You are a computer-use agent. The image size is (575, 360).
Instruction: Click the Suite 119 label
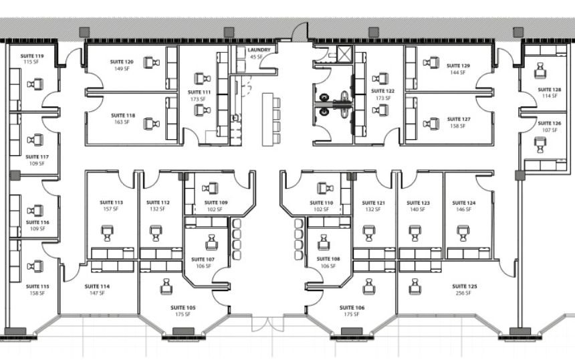coord(32,56)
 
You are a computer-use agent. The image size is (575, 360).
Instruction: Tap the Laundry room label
coord(259,50)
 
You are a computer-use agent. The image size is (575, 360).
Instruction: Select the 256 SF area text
coord(463,293)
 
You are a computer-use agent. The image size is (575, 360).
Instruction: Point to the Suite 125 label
coord(464,286)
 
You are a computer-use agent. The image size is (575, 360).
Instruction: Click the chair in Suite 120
coord(152,62)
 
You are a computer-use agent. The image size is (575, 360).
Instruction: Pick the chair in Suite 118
coord(152,124)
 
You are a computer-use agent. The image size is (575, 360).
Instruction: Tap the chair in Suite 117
coord(35,140)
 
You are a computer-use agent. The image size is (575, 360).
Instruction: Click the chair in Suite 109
coord(210,188)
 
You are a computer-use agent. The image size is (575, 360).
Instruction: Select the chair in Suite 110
coord(325,188)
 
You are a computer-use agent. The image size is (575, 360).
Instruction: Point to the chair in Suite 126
coord(540,145)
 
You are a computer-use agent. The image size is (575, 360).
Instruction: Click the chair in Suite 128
coord(540,70)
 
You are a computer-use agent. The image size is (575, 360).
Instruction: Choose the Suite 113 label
coord(112,203)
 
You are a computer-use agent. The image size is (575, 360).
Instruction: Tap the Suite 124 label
coord(464,203)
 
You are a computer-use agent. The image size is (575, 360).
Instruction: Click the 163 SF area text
coord(122,122)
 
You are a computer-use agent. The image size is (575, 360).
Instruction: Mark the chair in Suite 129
coord(431,62)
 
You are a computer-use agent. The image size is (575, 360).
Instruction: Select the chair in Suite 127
coord(431,124)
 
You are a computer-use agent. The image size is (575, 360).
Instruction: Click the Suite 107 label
coord(203,260)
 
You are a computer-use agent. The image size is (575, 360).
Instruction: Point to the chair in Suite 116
coord(35,211)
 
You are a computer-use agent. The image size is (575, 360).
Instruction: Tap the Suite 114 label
coord(97,286)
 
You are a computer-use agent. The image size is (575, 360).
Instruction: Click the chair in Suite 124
coord(463,233)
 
